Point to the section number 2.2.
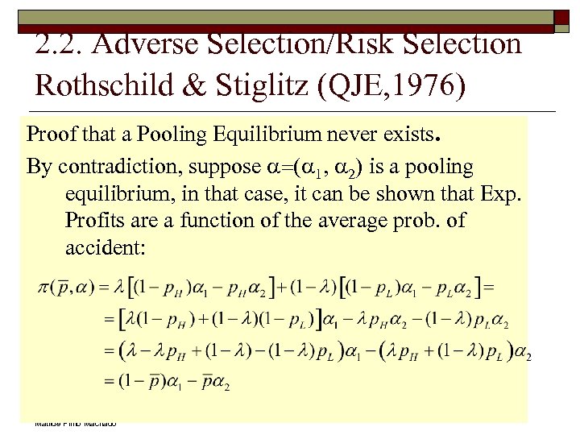click(x=61, y=43)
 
